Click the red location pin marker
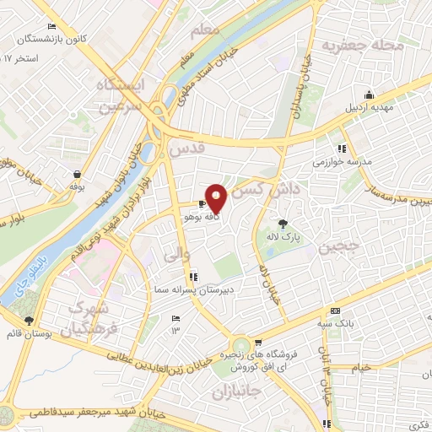[x=217, y=197]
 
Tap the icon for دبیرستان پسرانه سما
[x=195, y=275]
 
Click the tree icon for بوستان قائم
[x=30, y=321]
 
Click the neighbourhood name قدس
[x=187, y=150]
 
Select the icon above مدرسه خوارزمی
[x=341, y=143]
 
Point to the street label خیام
[x=361, y=367]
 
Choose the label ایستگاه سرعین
[x=121, y=95]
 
